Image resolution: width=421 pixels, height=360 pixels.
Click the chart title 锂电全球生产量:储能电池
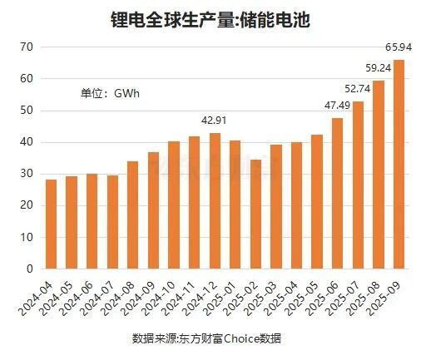tap(210, 19)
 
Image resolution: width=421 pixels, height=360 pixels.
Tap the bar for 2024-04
tap(52, 224)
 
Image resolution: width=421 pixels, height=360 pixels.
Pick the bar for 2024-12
tap(215, 201)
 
